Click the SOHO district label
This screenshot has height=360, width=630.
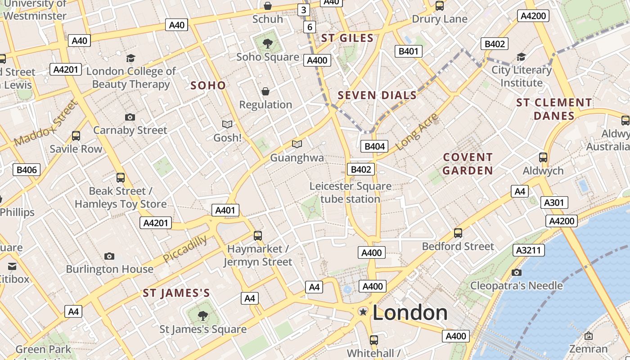click(x=208, y=85)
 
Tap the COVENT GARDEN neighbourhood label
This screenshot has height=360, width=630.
click(x=468, y=164)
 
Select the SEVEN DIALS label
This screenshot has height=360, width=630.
click(x=377, y=95)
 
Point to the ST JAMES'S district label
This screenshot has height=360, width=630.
click(x=176, y=293)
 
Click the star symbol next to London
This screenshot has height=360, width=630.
click(x=363, y=312)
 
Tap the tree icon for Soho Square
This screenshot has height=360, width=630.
click(x=268, y=44)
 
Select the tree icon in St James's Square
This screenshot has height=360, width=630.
click(x=203, y=315)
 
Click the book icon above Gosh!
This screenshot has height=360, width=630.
click(x=227, y=124)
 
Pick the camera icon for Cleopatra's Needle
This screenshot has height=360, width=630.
click(x=517, y=272)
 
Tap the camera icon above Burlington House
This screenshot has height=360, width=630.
click(x=109, y=256)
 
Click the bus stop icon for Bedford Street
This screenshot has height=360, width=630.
click(x=458, y=233)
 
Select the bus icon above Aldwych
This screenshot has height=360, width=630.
click(x=543, y=157)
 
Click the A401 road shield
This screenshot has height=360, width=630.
click(x=225, y=210)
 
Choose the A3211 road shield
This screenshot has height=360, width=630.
click(x=529, y=250)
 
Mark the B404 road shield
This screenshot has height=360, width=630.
click(x=374, y=146)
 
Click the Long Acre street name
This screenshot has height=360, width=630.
click(x=417, y=132)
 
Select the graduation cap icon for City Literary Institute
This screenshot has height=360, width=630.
click(x=521, y=57)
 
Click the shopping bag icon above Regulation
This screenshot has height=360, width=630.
click(x=265, y=91)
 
